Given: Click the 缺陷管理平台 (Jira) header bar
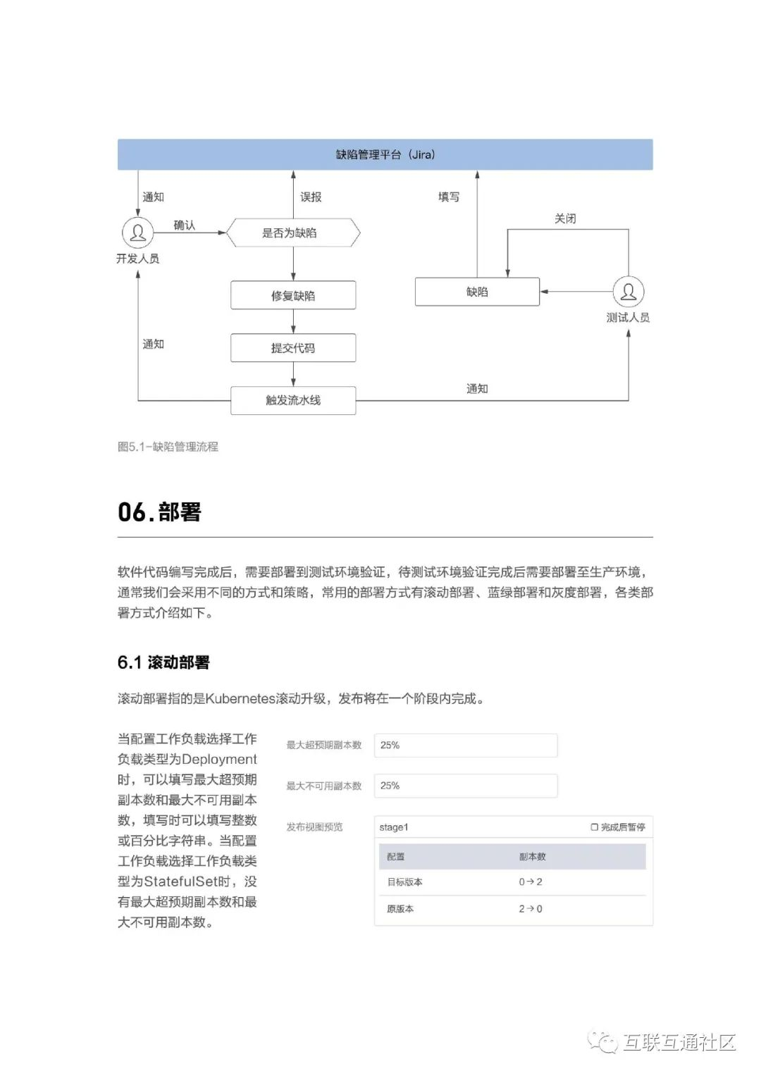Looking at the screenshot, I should tap(385, 154).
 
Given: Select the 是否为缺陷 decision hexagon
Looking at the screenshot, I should tap(293, 233).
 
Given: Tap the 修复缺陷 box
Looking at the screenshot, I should tap(293, 295).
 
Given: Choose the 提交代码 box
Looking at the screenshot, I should tap(293, 348).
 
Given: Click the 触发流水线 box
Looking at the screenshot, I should tap(293, 400).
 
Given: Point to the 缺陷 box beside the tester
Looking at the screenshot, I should tap(477, 292).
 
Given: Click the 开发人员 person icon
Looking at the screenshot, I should tap(138, 233).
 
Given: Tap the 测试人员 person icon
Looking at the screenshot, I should tap(628, 292).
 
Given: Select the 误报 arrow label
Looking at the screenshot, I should tap(311, 197).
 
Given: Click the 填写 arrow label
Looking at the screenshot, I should tap(449, 197).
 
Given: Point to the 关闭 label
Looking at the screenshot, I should tap(565, 219).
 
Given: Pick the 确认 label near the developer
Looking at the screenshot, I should tap(185, 225).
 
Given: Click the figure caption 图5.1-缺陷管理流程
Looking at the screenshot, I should tap(168, 447).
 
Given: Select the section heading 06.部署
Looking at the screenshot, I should tap(159, 512).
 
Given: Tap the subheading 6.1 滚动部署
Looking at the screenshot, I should tap(163, 662).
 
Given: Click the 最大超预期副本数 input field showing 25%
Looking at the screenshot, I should tap(465, 746).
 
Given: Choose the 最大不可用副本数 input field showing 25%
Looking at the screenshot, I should tap(465, 786).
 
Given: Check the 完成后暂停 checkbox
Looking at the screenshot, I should tap(595, 827).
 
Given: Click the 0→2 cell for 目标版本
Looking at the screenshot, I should tap(531, 882).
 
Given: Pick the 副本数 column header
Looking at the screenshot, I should tap(532, 857).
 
